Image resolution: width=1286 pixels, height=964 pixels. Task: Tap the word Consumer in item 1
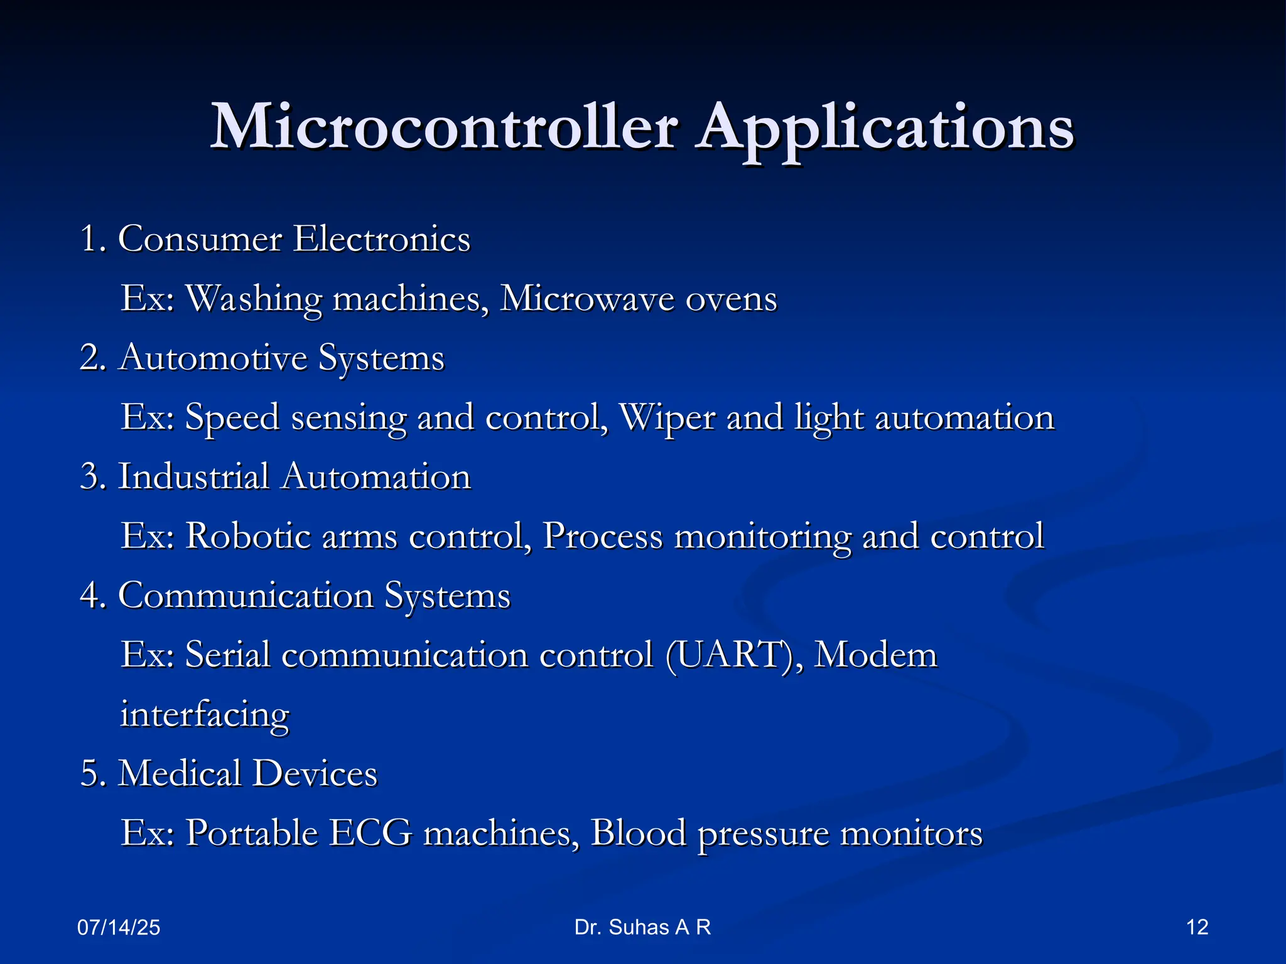coord(200,239)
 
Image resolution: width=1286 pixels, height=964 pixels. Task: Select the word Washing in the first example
coord(254,299)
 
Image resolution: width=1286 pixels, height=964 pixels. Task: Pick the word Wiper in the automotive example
coord(667,417)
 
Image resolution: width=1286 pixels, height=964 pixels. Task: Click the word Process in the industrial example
coord(602,536)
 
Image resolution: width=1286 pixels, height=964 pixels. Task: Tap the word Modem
coord(875,655)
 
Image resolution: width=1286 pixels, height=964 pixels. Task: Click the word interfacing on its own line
coord(205,715)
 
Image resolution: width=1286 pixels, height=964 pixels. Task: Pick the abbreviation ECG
coord(370,833)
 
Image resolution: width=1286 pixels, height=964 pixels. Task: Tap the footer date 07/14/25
coord(119,928)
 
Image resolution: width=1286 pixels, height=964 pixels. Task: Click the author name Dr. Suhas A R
coord(642,927)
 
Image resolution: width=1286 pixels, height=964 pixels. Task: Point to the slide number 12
coord(1197,927)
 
